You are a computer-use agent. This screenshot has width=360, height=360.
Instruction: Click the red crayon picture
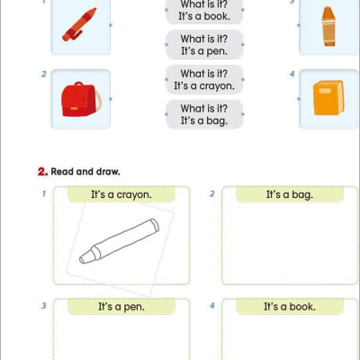point(79,24)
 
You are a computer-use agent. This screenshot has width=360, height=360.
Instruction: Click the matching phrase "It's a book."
point(204,16)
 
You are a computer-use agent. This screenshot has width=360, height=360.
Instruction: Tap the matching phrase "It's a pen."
point(204,51)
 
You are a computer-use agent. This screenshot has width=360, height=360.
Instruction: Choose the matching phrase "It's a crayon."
point(204,85)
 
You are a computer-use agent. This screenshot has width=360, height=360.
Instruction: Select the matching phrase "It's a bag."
point(204,120)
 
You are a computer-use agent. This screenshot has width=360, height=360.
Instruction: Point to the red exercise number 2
point(41,171)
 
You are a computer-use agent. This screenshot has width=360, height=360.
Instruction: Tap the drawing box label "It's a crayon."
point(121,194)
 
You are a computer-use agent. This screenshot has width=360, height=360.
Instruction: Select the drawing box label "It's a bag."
point(289,194)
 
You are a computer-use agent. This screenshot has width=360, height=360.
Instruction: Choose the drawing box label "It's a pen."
point(121,307)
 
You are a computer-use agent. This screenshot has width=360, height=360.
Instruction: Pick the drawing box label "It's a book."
point(289,307)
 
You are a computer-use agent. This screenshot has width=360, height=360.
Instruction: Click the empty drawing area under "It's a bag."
point(283,245)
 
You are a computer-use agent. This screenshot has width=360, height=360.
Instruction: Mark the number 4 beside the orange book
point(292,74)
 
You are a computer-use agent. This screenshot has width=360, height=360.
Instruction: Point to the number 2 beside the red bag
point(43,74)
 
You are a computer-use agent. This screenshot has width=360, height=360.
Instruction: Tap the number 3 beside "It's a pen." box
point(43,306)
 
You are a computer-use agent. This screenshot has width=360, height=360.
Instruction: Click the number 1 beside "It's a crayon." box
point(43,193)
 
